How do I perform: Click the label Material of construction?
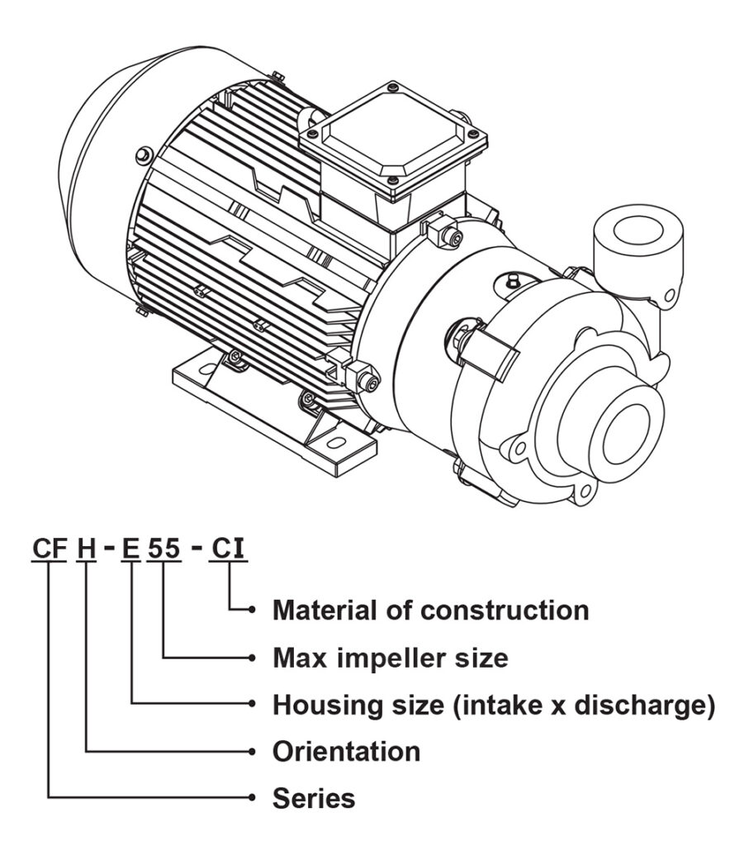pyautogui.click(x=430, y=611)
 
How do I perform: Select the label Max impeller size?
pyautogui.click(x=390, y=658)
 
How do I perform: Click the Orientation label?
pyautogui.click(x=346, y=752)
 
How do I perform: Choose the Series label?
pyautogui.click(x=314, y=799)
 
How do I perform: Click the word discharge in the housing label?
pyautogui.click(x=645, y=706)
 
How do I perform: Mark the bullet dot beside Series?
pyautogui.click(x=253, y=798)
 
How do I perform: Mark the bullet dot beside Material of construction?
pyautogui.click(x=253, y=611)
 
